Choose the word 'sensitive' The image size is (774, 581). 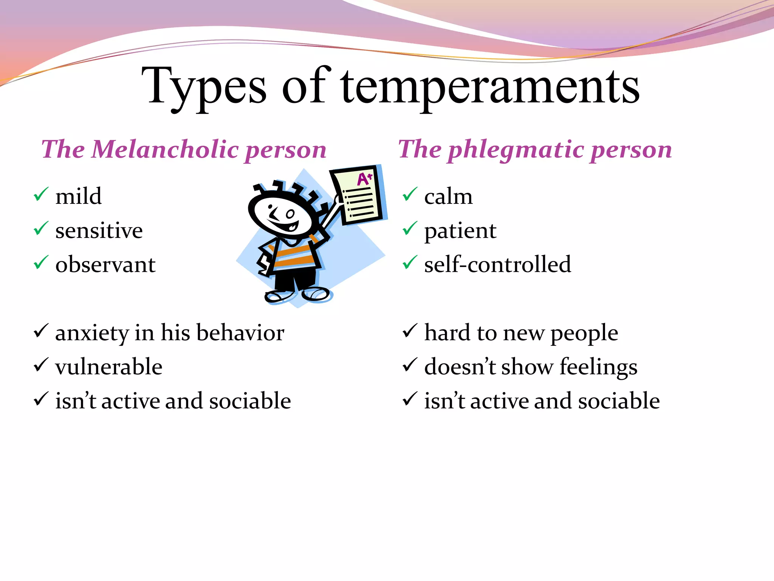click(x=99, y=230)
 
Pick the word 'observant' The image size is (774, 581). click(x=105, y=264)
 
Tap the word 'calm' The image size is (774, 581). click(x=448, y=197)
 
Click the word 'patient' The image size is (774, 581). click(x=460, y=231)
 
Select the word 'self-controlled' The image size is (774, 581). click(x=497, y=264)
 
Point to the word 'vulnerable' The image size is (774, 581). click(x=109, y=367)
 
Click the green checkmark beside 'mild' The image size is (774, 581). click(x=41, y=194)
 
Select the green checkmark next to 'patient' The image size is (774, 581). click(x=410, y=228)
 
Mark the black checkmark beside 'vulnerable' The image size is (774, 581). click(x=41, y=365)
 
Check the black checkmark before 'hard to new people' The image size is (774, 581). click(x=410, y=331)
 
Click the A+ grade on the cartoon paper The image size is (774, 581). click(x=365, y=179)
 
